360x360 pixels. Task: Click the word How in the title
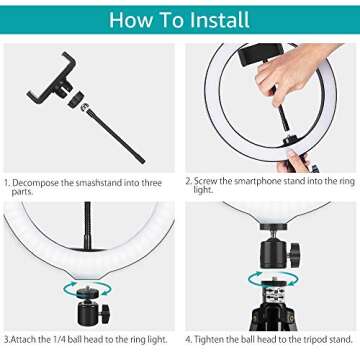point(130,18)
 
